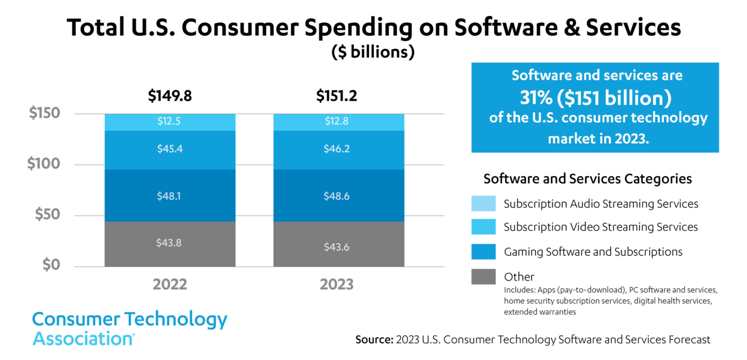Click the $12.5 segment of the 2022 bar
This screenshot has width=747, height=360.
(170, 122)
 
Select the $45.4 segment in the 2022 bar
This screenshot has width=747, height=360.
(170, 150)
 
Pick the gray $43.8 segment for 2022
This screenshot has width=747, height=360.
(170, 244)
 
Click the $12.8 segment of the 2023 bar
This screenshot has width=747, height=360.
(338, 122)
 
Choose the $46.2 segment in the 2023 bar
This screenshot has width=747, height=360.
(338, 150)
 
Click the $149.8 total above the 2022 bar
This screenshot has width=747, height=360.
(170, 96)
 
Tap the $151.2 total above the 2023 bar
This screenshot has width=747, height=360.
(336, 96)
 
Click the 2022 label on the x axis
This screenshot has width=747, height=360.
(170, 285)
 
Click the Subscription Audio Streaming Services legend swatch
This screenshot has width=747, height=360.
(483, 204)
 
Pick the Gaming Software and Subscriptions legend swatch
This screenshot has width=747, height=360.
(483, 252)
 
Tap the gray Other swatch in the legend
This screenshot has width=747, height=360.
(483, 276)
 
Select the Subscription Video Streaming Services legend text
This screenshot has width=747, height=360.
(601, 227)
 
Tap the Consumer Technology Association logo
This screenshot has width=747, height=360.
(130, 328)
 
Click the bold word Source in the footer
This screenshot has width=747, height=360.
(373, 340)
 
